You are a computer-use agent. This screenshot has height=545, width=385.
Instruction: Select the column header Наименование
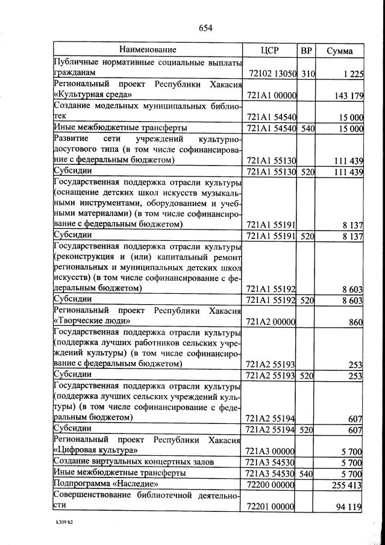point(147,50)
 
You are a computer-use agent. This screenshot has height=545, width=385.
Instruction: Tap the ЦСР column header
point(269,50)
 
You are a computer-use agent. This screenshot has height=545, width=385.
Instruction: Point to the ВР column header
point(306,50)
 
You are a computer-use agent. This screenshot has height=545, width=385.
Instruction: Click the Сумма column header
point(339,51)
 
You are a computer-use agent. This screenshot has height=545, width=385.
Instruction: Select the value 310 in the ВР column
point(307,73)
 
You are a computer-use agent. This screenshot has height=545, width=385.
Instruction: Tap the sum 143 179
point(346,96)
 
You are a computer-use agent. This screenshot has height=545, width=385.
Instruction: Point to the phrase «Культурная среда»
point(93,95)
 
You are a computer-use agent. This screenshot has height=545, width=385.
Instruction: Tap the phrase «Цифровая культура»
point(95,450)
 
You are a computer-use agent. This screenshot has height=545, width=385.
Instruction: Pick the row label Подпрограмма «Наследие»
point(106,484)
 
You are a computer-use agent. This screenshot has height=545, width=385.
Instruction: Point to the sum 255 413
point(346,484)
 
